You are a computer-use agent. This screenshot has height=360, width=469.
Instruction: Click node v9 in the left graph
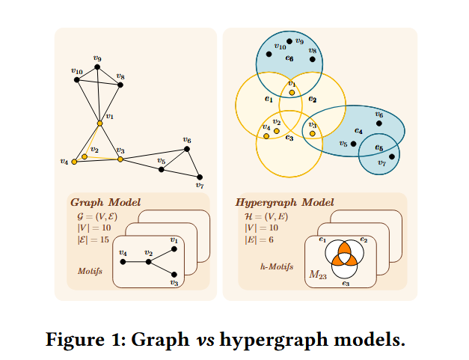(x=97, y=67)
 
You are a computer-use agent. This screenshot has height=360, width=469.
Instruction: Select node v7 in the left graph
(x=200, y=177)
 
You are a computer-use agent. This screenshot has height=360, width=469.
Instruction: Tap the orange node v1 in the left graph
(x=99, y=123)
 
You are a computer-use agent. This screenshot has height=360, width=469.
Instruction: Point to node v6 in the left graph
(x=187, y=149)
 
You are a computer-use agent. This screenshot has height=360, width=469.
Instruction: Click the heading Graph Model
(x=105, y=203)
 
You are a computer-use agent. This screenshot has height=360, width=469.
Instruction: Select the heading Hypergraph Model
(x=284, y=203)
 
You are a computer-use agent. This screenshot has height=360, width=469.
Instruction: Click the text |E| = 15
(x=94, y=240)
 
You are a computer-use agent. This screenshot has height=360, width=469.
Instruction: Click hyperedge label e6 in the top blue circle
(x=289, y=58)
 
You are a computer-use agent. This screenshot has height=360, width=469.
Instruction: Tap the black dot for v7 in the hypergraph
(x=391, y=156)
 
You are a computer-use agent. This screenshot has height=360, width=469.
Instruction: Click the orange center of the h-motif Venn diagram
(x=345, y=257)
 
